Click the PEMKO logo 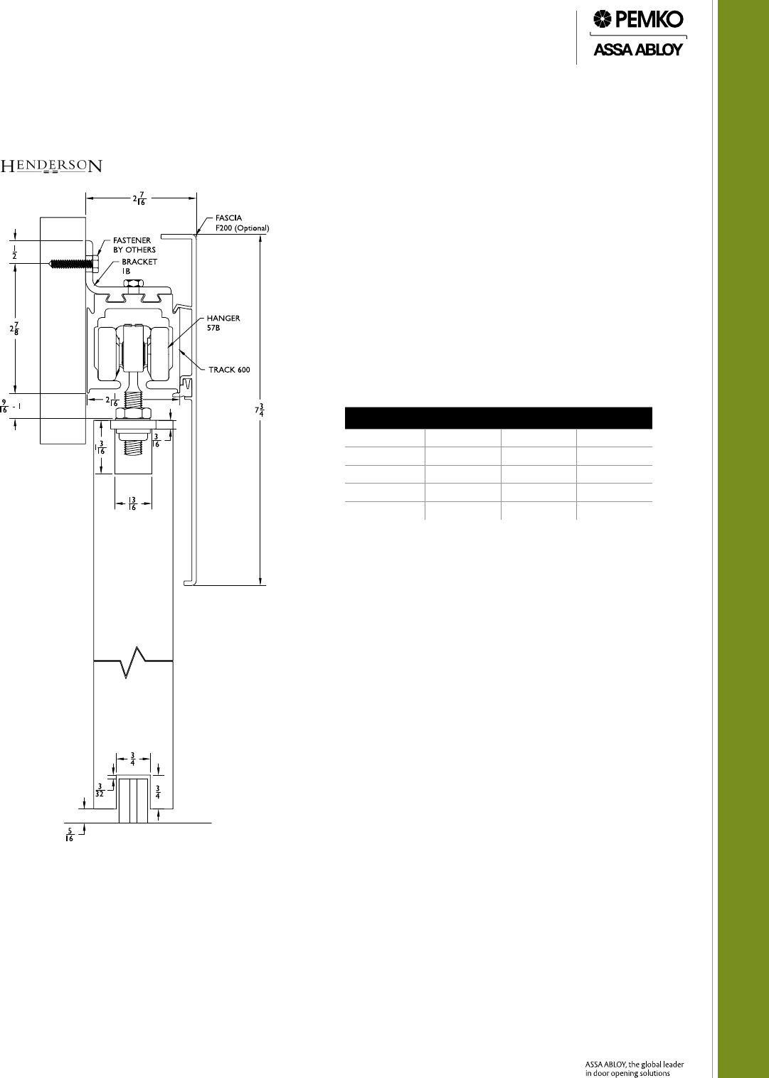click(x=637, y=20)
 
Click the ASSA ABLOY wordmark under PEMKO click(x=637, y=50)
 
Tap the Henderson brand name click(x=51, y=166)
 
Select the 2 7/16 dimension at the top click(x=139, y=198)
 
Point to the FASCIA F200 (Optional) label click(x=242, y=223)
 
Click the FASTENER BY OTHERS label click(x=134, y=245)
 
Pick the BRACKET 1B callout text click(x=139, y=266)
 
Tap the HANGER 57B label click(x=223, y=323)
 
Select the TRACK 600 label click(x=229, y=370)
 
